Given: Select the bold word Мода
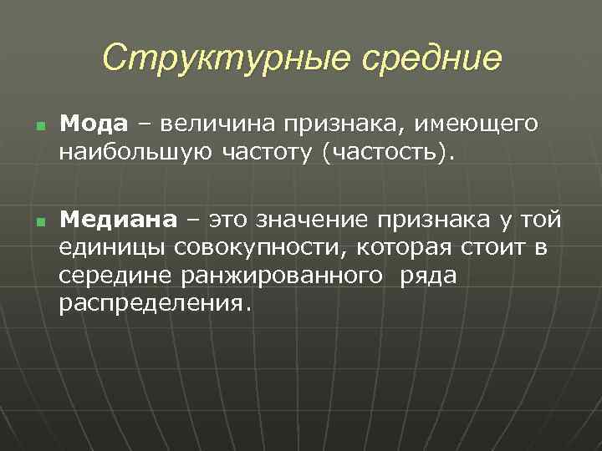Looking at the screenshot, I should (x=94, y=124).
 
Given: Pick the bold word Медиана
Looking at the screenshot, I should (x=118, y=220).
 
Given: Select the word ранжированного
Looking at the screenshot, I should (x=276, y=276).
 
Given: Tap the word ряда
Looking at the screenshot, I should (x=429, y=276).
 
